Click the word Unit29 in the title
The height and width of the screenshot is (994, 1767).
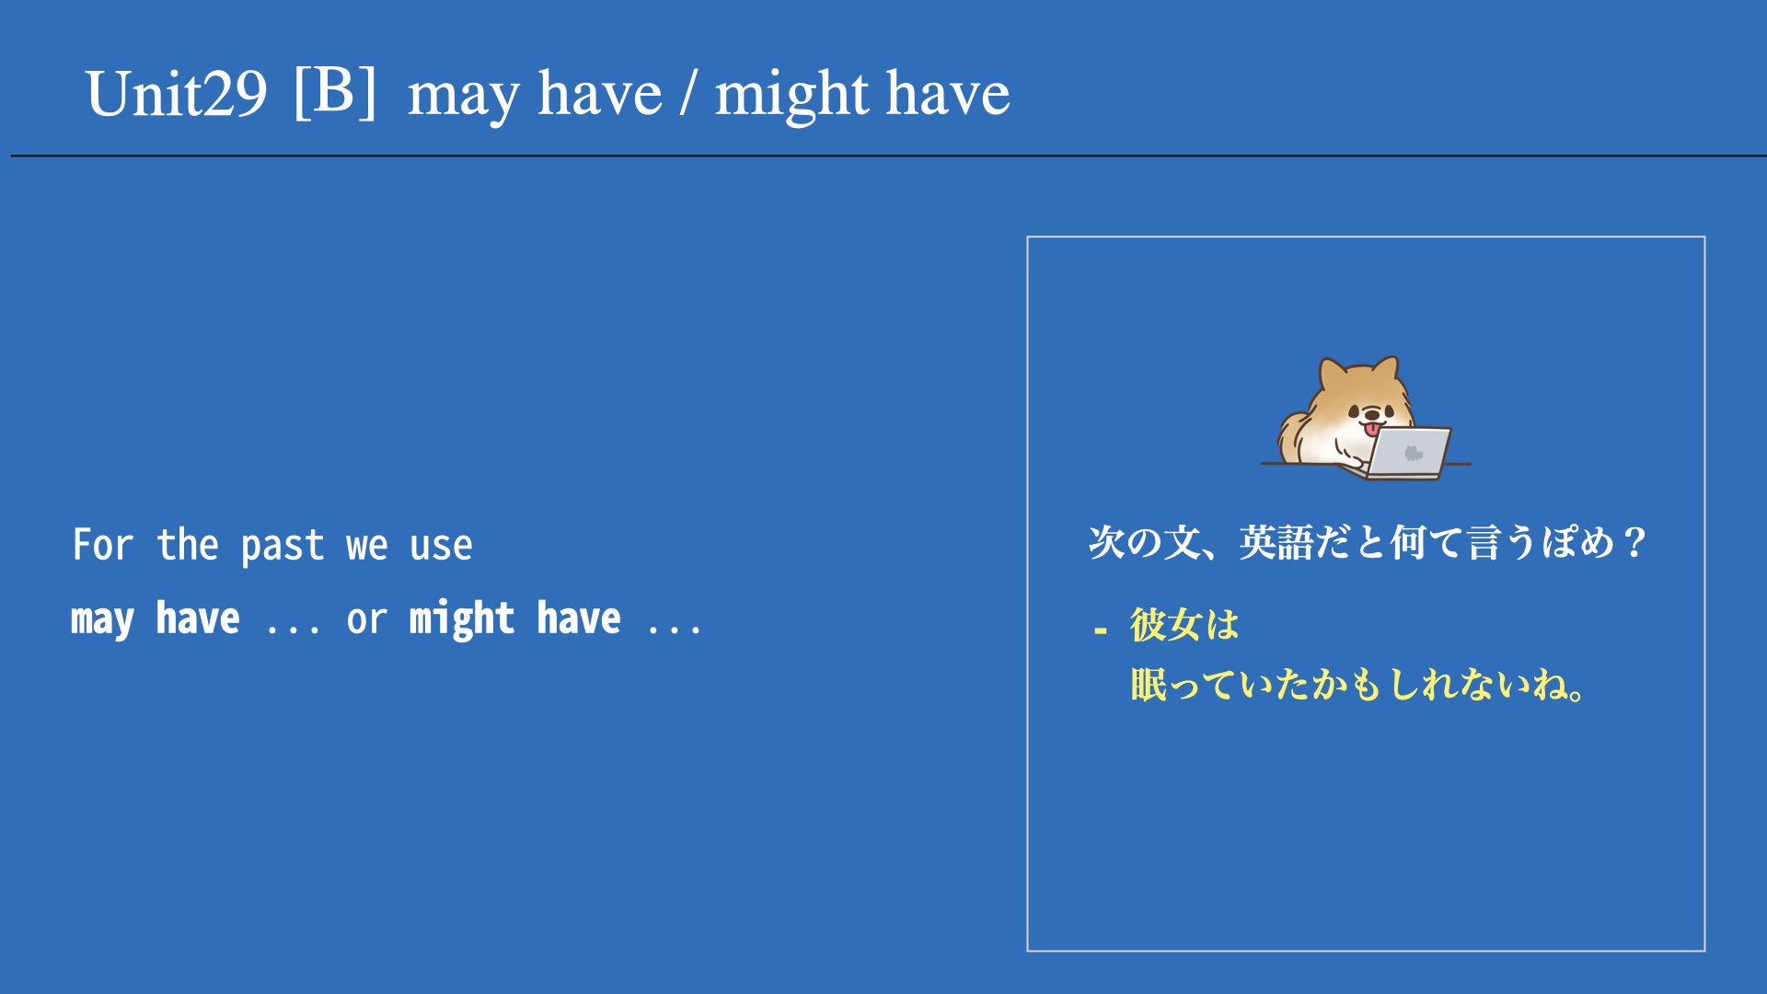(x=177, y=94)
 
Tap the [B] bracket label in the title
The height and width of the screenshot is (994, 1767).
(x=335, y=92)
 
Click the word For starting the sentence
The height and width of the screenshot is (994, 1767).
(x=103, y=545)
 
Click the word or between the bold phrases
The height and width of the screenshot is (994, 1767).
(x=366, y=621)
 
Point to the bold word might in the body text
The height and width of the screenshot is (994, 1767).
(x=461, y=619)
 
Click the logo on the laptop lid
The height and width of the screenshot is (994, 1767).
(x=1413, y=453)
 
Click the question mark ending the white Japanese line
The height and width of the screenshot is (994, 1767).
(x=1635, y=543)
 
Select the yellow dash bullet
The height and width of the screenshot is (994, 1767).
(x=1100, y=631)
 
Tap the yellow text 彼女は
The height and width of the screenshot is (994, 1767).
(x=1184, y=625)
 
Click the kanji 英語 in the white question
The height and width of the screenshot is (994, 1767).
(x=1276, y=543)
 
